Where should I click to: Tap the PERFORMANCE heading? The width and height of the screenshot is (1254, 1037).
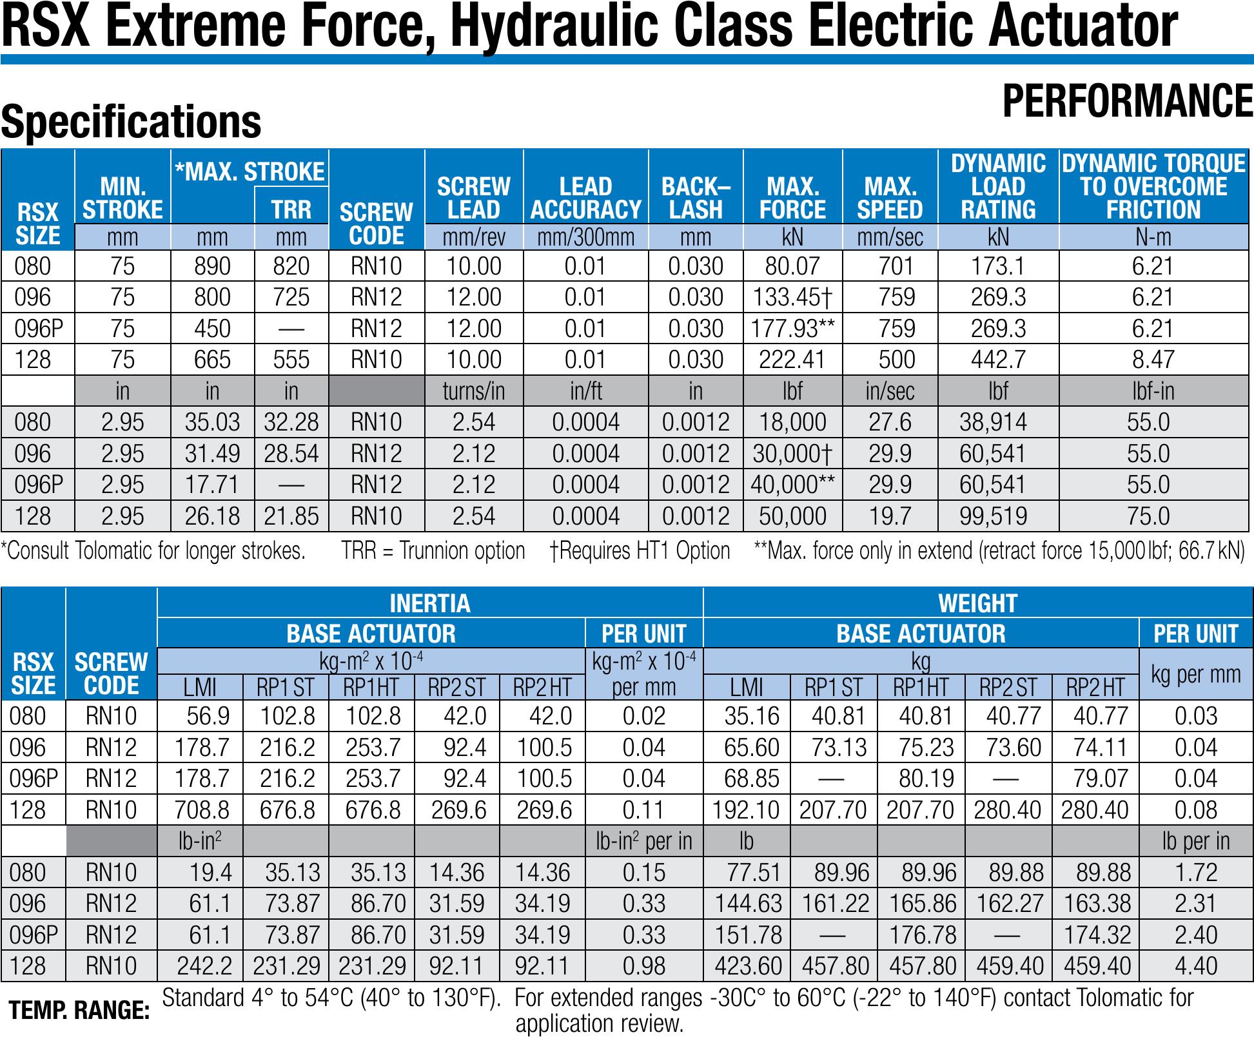tap(1128, 102)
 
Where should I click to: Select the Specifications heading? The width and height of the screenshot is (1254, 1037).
tap(132, 122)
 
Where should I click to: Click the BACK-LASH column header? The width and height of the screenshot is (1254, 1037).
tap(696, 198)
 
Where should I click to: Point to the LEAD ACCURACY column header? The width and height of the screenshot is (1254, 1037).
tap(585, 198)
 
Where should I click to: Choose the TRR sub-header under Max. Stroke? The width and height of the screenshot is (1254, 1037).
tap(291, 209)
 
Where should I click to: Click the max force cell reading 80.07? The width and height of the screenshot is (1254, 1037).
tap(792, 266)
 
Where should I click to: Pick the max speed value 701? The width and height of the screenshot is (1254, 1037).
tap(890, 266)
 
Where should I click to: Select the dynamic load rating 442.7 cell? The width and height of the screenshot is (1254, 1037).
tap(998, 360)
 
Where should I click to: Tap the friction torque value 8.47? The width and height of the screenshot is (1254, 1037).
tap(1153, 360)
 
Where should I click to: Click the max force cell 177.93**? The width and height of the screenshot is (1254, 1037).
tap(792, 329)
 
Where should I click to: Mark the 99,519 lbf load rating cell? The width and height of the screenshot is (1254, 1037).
tap(992, 516)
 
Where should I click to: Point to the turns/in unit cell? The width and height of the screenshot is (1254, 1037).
tap(473, 391)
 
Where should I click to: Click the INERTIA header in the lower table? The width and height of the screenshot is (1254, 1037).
tap(430, 603)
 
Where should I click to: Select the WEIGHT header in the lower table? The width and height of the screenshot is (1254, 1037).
tap(977, 603)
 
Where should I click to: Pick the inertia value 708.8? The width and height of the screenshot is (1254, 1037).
tap(202, 809)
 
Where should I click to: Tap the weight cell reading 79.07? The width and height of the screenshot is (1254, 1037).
tap(1101, 779)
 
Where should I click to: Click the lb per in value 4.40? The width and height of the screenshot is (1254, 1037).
tap(1196, 966)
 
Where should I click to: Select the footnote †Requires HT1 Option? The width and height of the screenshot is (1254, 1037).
tap(640, 551)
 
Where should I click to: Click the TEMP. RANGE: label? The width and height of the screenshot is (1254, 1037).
tap(79, 1010)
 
